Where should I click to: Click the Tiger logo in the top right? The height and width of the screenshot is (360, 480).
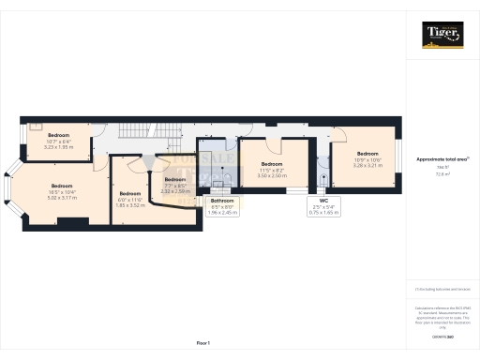coord(442,36)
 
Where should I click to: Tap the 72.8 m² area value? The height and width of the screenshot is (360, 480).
coord(442,174)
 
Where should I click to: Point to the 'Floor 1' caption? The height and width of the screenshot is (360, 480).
coord(202,343)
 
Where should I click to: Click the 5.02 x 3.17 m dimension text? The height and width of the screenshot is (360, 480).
coord(63,198)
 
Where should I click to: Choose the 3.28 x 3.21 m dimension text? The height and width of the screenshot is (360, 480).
coord(367,164)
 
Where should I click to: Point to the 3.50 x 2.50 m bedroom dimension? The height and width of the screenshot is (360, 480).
coord(272,175)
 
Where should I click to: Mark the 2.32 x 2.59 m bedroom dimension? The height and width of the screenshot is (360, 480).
coord(175,191)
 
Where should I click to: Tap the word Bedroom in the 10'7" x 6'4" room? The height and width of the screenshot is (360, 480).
coord(60,135)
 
